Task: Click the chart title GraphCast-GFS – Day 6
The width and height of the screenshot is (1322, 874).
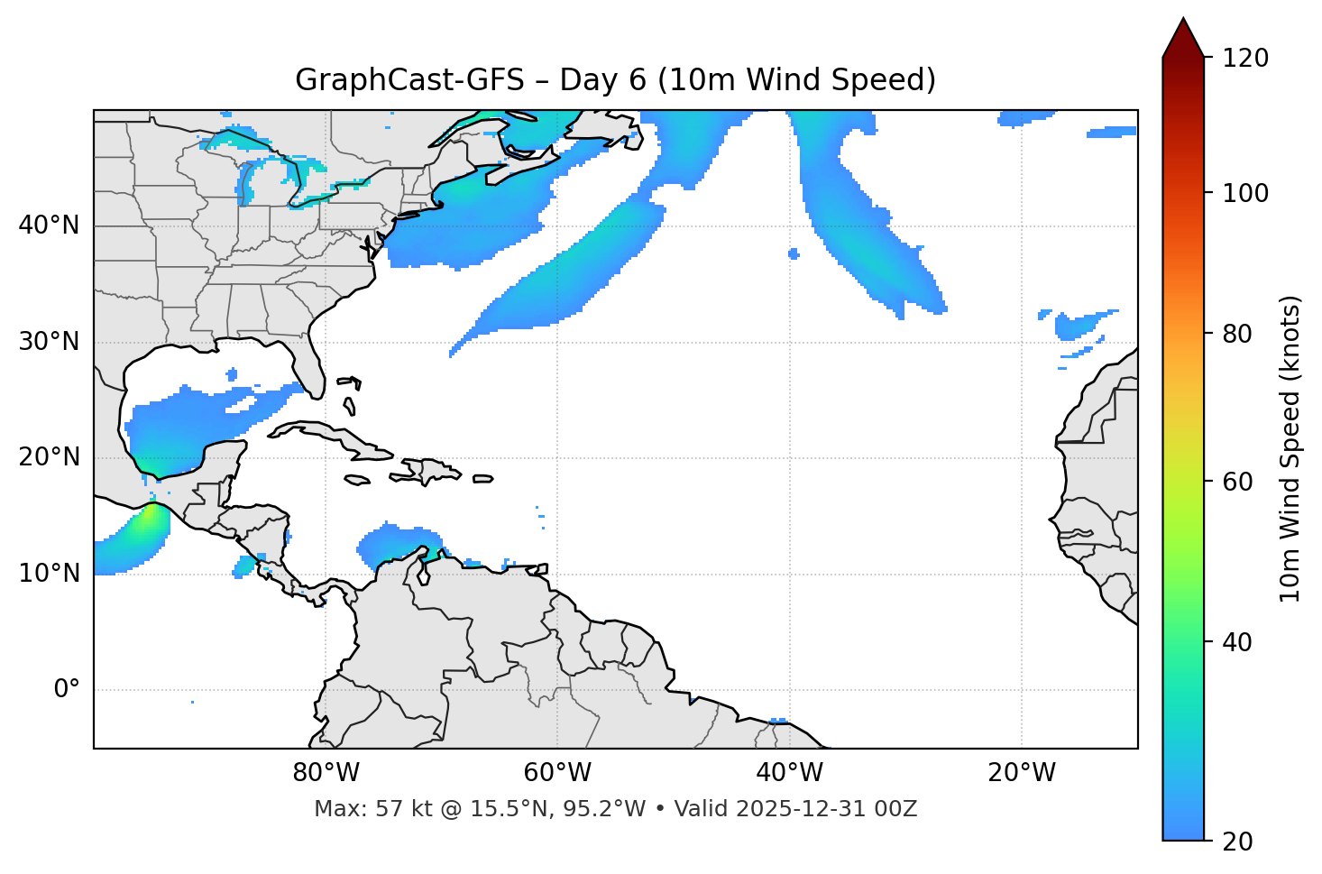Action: point(615,80)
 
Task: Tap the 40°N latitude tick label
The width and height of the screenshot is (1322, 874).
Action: point(49,225)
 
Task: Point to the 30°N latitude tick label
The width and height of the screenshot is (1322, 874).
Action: point(49,342)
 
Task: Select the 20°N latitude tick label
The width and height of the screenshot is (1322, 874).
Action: point(49,457)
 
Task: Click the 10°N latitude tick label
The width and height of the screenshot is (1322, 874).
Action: point(49,574)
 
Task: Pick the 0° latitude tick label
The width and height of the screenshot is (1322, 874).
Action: point(67,690)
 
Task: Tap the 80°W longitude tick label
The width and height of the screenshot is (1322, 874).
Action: point(326,773)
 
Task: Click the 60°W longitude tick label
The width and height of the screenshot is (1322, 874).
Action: point(557,773)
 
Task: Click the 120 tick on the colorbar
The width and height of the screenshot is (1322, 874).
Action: point(1244,59)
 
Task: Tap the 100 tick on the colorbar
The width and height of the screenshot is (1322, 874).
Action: point(1244,193)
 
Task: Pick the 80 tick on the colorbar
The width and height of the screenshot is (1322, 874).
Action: point(1236,334)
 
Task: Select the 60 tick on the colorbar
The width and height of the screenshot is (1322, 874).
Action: point(1236,482)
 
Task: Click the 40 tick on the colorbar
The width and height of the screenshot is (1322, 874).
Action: point(1236,642)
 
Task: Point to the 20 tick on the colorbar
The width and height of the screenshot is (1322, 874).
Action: point(1236,842)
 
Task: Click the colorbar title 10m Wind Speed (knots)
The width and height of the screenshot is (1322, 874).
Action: point(1290,448)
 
